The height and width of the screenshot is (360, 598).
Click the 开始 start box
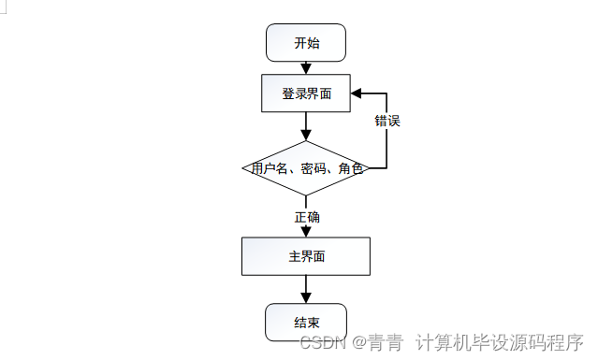306,42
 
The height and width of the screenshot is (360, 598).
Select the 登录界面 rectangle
306,94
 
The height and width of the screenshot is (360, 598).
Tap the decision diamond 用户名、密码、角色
306,169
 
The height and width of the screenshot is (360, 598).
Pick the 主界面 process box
306,256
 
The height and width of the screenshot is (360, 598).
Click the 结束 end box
306,323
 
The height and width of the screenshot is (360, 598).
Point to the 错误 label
387,122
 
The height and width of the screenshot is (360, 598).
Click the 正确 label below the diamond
307,217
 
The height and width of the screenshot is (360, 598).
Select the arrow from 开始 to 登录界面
306,68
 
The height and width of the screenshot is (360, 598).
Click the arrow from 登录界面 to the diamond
306,126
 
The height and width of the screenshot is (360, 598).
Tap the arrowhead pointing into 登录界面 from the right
357,94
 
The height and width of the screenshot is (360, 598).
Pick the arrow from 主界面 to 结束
306,290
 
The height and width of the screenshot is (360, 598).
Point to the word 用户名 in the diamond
267,169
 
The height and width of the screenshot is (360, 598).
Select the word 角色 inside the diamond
350,169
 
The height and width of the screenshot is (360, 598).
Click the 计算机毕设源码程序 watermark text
500,342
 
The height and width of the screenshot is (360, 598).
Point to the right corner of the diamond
369,169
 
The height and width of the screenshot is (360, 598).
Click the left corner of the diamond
243,169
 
